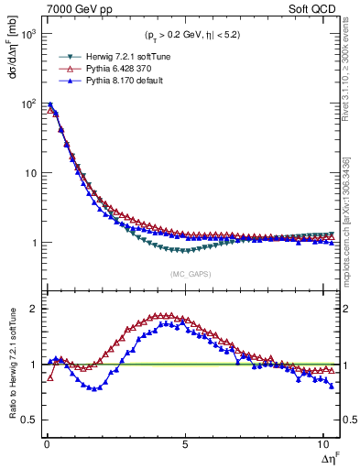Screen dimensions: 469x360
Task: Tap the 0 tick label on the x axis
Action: click(46, 445)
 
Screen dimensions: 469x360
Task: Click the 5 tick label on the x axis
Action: click(185, 445)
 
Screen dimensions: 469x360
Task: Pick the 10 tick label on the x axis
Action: click(322, 445)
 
